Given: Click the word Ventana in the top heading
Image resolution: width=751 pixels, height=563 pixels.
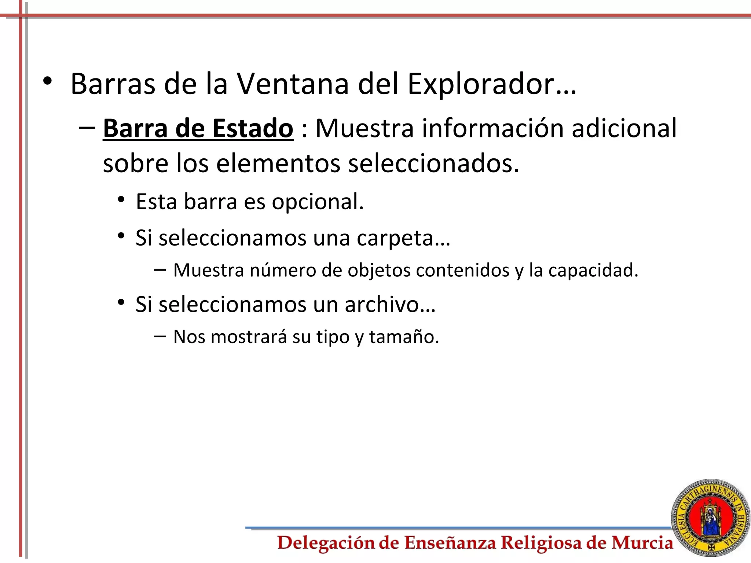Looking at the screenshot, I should tap(292, 84).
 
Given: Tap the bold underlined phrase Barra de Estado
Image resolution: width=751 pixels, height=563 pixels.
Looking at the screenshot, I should tap(198, 128).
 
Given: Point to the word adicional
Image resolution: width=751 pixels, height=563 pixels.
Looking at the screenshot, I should tap(624, 128).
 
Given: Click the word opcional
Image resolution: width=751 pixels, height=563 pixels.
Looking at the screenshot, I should tap(318, 202).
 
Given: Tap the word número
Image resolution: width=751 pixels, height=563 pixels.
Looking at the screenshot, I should tap(283, 271).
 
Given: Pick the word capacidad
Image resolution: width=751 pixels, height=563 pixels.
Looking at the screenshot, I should tap(593, 271).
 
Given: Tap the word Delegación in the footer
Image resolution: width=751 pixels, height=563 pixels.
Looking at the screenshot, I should tap(326, 543).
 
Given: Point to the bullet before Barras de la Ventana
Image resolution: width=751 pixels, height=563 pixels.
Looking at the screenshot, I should tap(47, 81).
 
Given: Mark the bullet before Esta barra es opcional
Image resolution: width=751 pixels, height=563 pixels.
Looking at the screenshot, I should tap(121, 200).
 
